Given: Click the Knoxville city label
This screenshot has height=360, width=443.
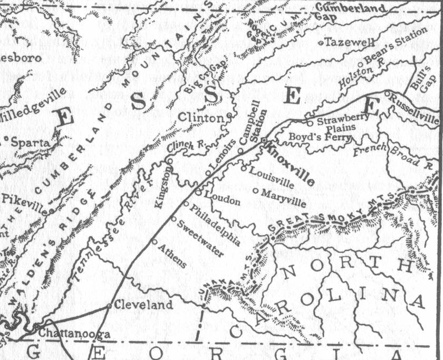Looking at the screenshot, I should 291,165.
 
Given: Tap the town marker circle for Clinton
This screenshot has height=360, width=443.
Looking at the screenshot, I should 229,115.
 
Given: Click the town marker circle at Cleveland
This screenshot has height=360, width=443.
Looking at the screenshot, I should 109,306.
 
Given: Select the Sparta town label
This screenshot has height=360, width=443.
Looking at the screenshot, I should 30,143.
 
